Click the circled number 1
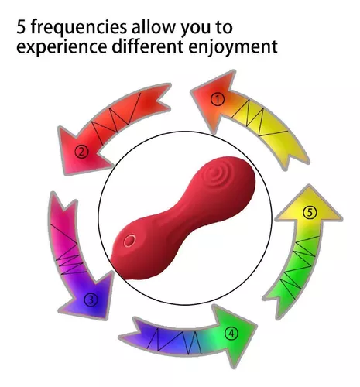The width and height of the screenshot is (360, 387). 218,99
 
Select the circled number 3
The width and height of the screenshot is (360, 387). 91,300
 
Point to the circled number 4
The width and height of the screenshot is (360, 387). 231,334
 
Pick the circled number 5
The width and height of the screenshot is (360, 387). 310,213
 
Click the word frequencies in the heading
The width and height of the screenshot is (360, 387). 79,28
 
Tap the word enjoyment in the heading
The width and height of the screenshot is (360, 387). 233,47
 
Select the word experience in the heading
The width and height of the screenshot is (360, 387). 62,47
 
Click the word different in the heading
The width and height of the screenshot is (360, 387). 148,46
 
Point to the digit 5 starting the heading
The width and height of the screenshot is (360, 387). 21,27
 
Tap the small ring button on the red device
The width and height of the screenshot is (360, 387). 129,241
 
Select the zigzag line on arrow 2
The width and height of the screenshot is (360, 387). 117,118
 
